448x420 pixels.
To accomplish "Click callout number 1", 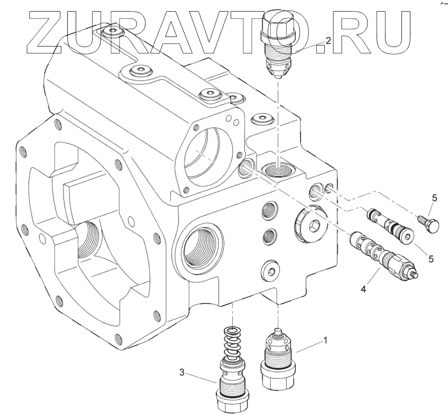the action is [x=325, y=340].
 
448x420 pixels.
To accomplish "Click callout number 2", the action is [x=328, y=41].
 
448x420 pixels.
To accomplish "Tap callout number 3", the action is [x=182, y=372].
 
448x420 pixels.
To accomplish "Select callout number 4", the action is [x=363, y=289].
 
